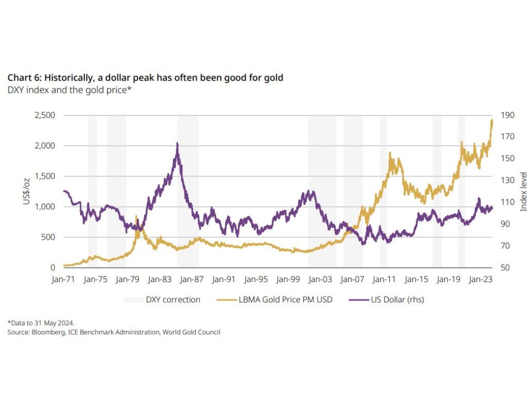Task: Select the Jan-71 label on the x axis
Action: point(63,279)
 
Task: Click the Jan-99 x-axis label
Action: point(288,279)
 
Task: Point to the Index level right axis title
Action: point(523,191)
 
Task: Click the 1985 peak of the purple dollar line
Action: point(177,143)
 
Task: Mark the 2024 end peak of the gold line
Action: point(492,120)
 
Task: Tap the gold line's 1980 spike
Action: point(136,216)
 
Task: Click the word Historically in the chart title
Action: point(70,78)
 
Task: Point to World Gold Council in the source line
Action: point(191,332)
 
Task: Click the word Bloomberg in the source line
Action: point(44,332)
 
